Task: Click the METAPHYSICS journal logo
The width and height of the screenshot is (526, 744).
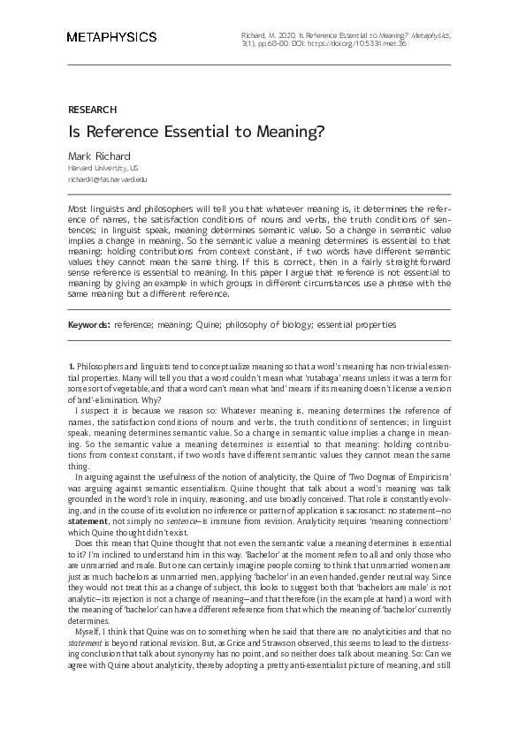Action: pyautogui.click(x=111, y=37)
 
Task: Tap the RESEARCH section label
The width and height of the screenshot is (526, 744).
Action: pyautogui.click(x=92, y=110)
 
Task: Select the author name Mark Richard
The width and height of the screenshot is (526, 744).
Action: pyautogui.click(x=99, y=156)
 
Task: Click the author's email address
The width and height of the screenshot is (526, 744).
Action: pyautogui.click(x=108, y=178)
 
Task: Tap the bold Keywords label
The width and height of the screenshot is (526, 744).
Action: pyautogui.click(x=89, y=324)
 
